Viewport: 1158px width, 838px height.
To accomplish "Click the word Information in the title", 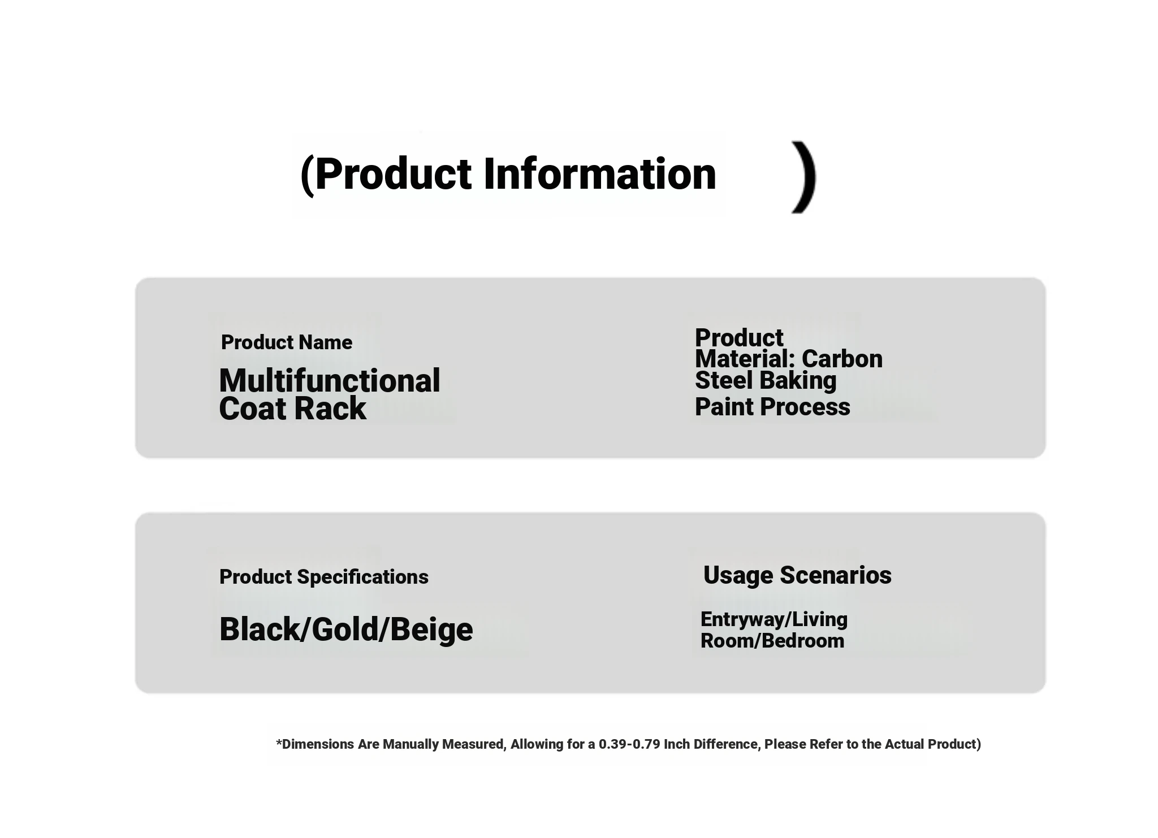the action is point(600,173).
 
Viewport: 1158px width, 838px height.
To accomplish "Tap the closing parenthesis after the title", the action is point(804,177).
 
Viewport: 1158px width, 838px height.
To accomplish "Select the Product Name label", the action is point(287,342).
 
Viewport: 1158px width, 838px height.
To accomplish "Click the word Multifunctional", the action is point(330,380).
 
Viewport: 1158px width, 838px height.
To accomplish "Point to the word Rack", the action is point(333,409).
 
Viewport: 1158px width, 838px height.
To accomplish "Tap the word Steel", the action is point(724,380).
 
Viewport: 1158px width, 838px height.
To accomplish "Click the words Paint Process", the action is point(772,407).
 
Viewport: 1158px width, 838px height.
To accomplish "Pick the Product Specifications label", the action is point(324,577).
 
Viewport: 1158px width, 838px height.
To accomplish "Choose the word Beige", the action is point(431,631).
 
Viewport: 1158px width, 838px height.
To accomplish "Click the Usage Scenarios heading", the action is point(797,576).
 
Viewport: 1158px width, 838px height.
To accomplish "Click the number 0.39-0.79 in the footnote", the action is point(629,744).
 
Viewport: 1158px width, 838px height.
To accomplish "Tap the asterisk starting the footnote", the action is point(279,741).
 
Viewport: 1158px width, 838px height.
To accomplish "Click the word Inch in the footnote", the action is point(677,744).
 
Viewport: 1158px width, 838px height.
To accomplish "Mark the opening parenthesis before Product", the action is point(307,175).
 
